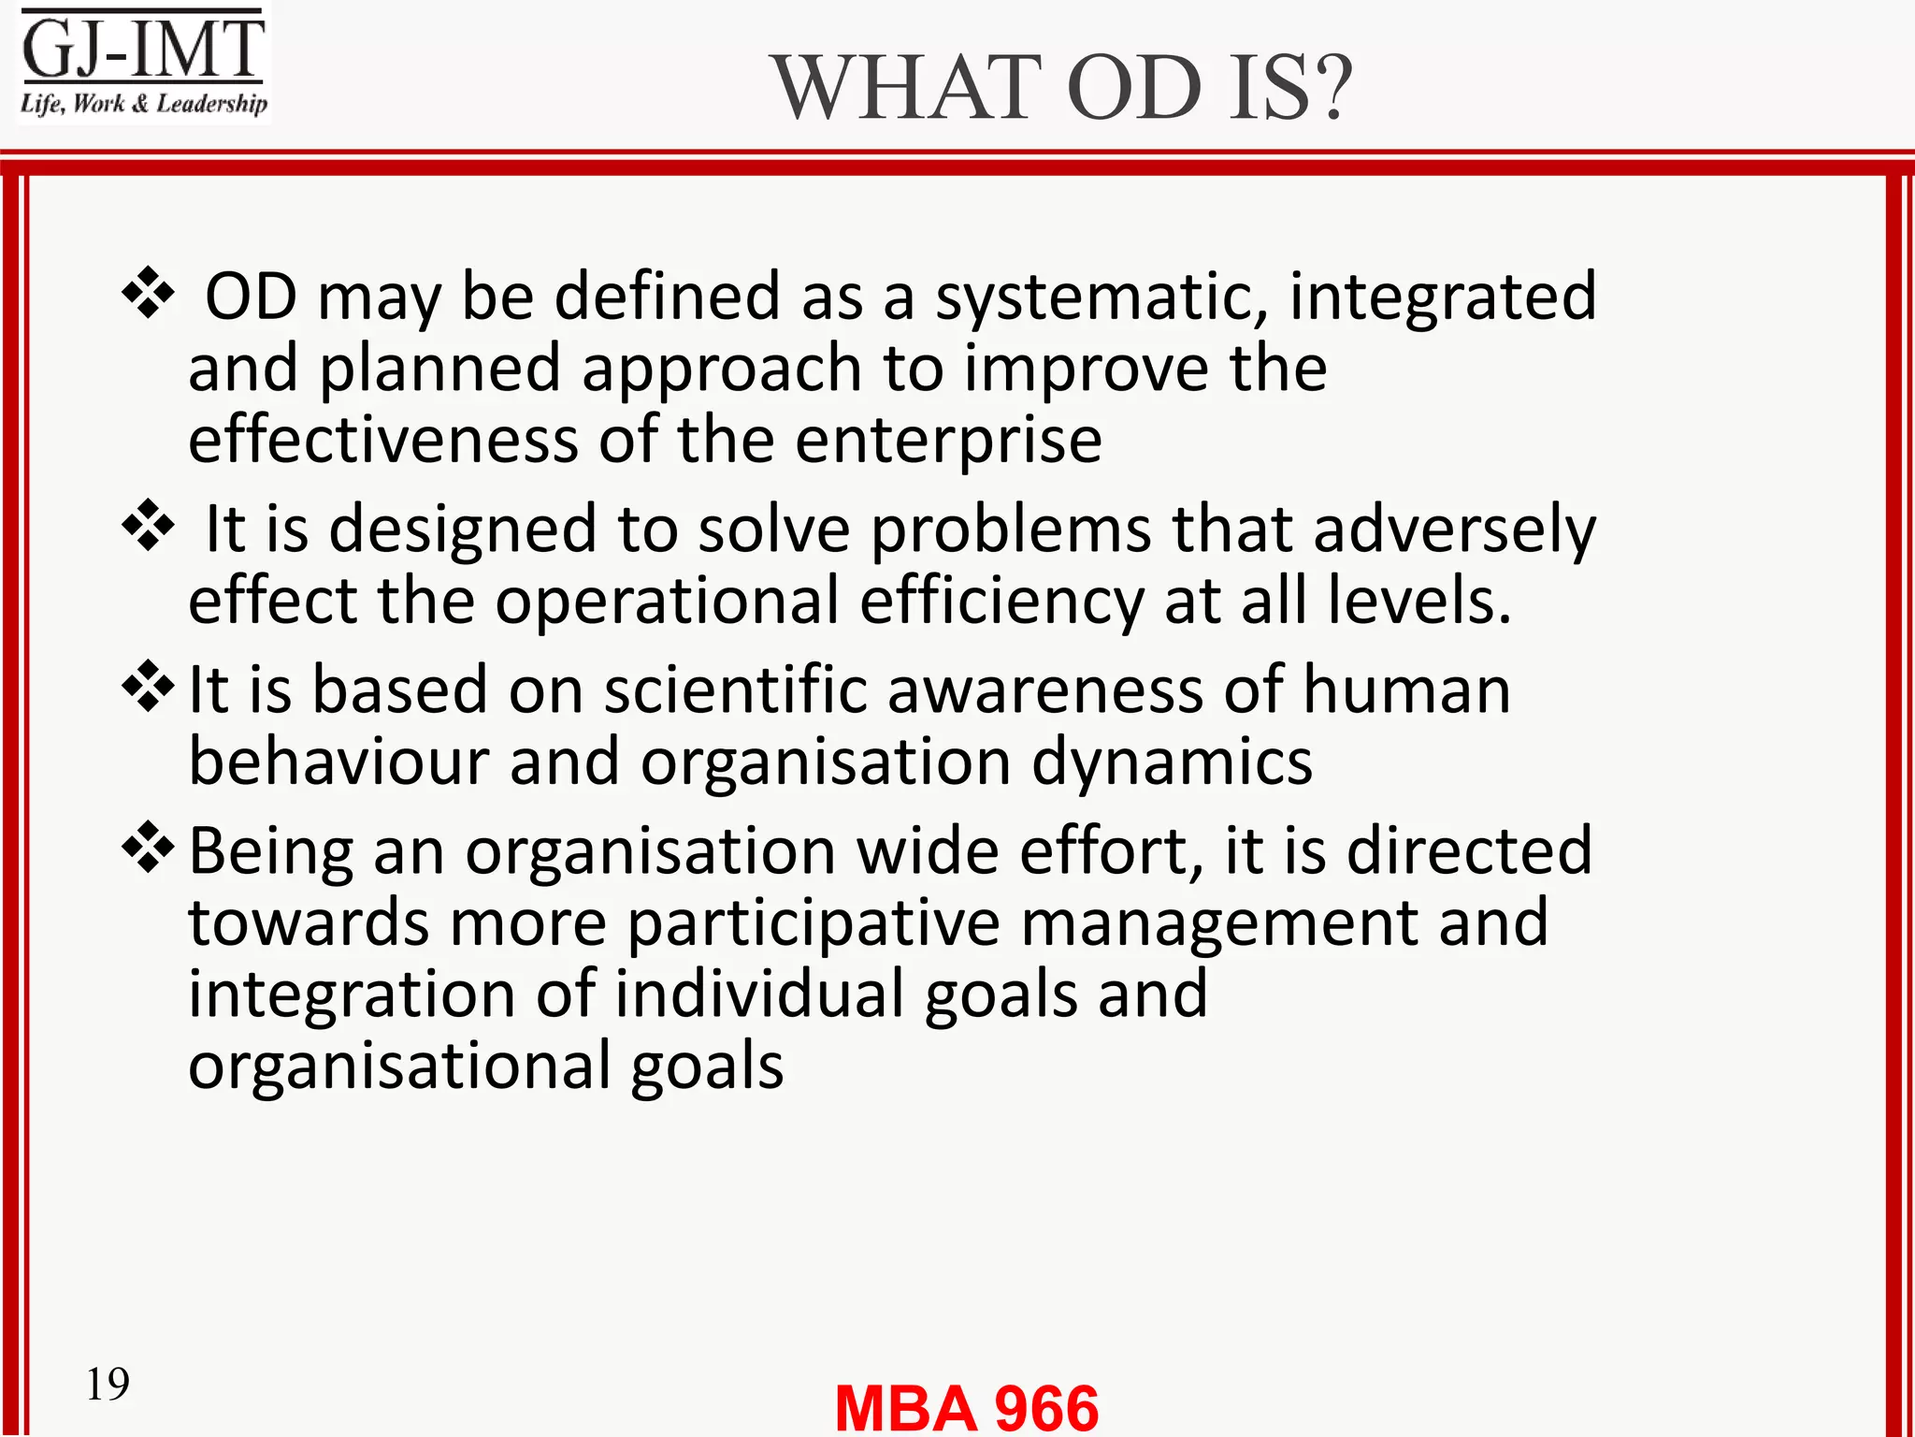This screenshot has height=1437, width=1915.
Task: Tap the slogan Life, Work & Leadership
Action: (144, 103)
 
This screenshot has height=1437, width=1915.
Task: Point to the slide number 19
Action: (108, 1384)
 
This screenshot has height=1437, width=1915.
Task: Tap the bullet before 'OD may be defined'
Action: (148, 293)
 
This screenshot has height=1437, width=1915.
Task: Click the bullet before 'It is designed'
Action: (148, 525)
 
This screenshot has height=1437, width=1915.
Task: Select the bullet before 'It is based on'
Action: (148, 687)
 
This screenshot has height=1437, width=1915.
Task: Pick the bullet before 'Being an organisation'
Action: (148, 848)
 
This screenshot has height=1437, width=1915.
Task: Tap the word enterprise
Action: (948, 440)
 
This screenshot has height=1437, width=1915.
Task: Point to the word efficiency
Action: (1001, 602)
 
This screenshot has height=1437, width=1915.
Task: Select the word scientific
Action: (735, 689)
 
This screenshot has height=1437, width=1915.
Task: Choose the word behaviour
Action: (338, 762)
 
